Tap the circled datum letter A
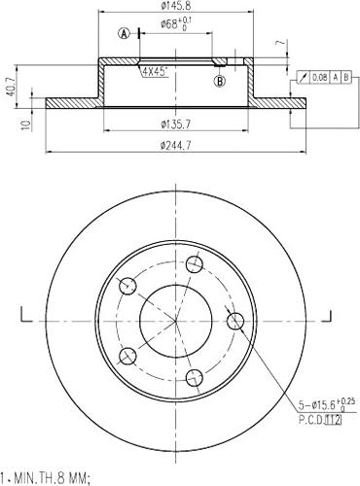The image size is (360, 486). point(124,33)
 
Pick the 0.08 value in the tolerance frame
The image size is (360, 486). point(319,76)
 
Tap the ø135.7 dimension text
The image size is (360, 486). point(176,123)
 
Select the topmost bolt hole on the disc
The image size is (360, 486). point(195,264)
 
